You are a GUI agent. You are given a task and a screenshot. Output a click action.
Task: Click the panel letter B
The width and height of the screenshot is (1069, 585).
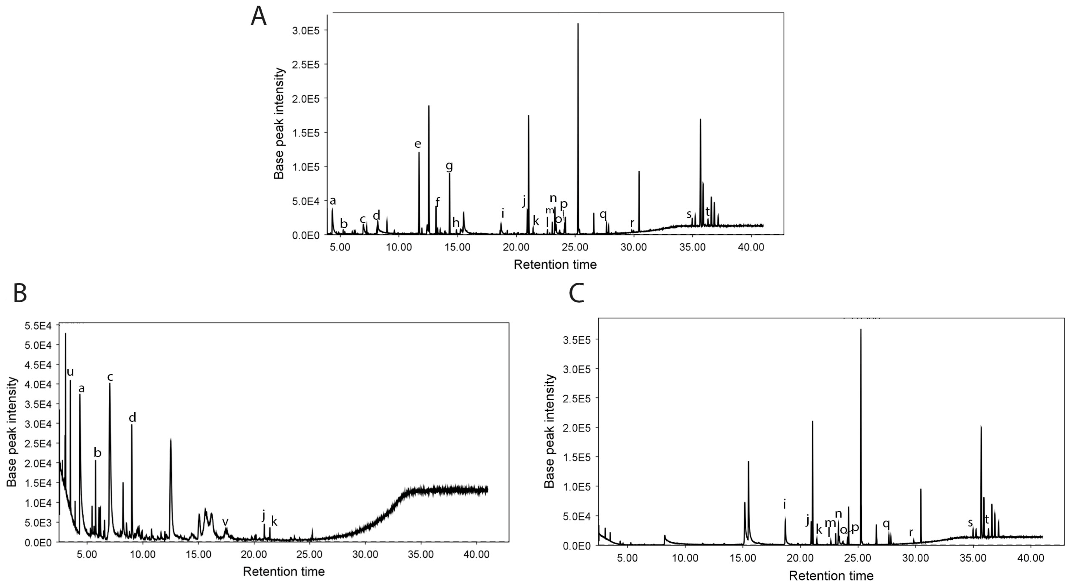click(20, 293)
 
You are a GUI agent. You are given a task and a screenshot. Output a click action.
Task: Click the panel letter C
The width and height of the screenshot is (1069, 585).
click(576, 293)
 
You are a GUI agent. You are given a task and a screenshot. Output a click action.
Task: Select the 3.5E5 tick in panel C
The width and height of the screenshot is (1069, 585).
click(575, 340)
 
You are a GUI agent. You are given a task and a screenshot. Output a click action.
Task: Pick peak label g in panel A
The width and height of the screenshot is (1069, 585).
click(449, 166)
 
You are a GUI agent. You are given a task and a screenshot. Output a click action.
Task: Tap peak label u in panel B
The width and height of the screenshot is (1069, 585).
click(70, 372)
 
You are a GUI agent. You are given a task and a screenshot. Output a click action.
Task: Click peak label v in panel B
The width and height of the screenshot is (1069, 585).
click(225, 521)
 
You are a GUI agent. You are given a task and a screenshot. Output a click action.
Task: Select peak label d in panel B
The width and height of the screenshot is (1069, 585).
click(132, 418)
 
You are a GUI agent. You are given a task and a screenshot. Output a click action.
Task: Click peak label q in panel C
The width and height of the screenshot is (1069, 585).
click(886, 524)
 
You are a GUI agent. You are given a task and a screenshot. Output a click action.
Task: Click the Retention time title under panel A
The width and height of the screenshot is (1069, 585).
click(555, 264)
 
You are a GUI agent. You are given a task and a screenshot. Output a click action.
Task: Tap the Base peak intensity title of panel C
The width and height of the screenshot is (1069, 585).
click(550, 431)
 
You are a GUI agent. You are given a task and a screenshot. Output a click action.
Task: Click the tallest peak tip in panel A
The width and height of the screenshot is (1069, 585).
click(578, 24)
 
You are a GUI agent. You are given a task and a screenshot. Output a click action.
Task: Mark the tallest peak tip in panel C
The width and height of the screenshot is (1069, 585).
click(861, 329)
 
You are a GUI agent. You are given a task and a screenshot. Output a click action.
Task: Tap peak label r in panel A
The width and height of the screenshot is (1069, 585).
click(632, 223)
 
